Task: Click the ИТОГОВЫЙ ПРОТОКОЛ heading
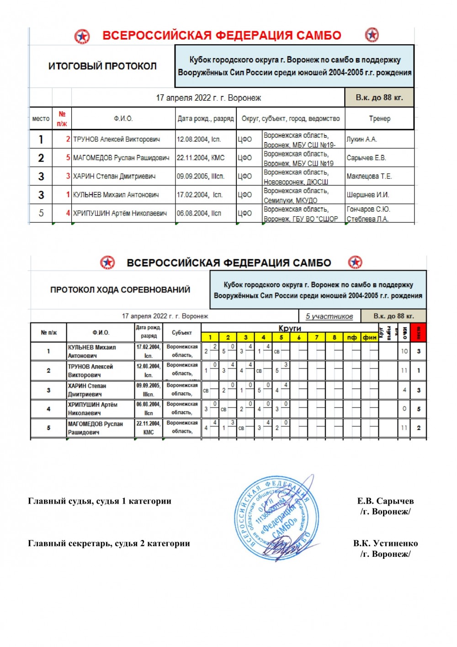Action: pyautogui.click(x=102, y=66)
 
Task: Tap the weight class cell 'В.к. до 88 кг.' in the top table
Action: pyautogui.click(x=379, y=97)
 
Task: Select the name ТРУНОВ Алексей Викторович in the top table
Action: pyautogui.click(x=117, y=139)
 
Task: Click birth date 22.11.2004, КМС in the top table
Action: pyautogui.click(x=201, y=158)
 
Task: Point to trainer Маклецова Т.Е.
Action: pyautogui.click(x=369, y=176)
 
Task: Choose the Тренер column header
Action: pyautogui.click(x=379, y=119)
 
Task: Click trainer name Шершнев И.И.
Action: pyautogui.click(x=367, y=194)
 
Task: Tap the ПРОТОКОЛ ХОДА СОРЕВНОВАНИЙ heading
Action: pyautogui.click(x=120, y=290)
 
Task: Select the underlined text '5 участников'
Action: pyautogui.click(x=329, y=316)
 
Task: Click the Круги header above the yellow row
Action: pyautogui.click(x=290, y=328)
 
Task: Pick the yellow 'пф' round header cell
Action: pyautogui.click(x=352, y=338)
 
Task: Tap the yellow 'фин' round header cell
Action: pyautogui.click(x=370, y=338)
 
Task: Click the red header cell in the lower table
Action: pyautogui.click(x=418, y=333)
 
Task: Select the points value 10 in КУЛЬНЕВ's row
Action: pyautogui.click(x=404, y=351)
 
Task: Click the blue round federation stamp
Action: pyautogui.click(x=274, y=518)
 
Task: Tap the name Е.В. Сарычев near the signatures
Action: pyautogui.click(x=385, y=501)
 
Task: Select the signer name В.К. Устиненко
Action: pyautogui.click(x=385, y=543)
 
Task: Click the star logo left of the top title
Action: pyautogui.click(x=82, y=36)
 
